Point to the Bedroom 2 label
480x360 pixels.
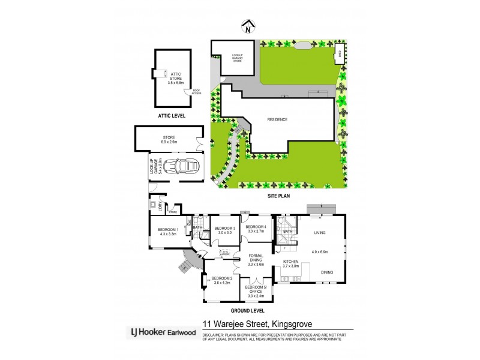pos(222,281)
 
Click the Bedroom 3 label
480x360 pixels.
pos(224,230)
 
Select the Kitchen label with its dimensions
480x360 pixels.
pos(292,263)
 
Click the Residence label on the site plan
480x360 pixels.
pos(277,119)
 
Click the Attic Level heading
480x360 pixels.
pos(172,115)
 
